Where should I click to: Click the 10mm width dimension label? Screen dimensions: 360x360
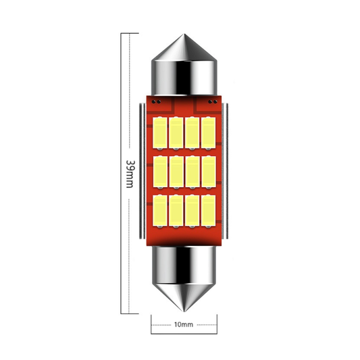(x=184, y=325)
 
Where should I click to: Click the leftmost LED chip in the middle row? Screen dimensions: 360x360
(x=161, y=173)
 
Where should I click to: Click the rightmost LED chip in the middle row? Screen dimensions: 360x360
(x=207, y=173)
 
